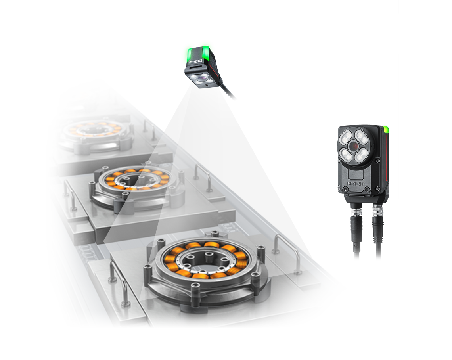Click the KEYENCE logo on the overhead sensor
pyautogui.click(x=196, y=61)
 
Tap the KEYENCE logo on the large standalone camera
pyautogui.click(x=356, y=184)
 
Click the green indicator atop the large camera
pyautogui.click(x=386, y=129)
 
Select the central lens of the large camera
pyautogui.click(x=353, y=146)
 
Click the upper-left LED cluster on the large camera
pyautogui.click(x=346, y=138)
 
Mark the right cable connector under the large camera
pyautogui.click(x=378, y=220)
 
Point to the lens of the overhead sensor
pyautogui.click(x=201, y=78)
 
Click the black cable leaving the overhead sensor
pyautogui.click(x=227, y=91)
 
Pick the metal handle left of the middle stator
pyautogui.click(x=70, y=195)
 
